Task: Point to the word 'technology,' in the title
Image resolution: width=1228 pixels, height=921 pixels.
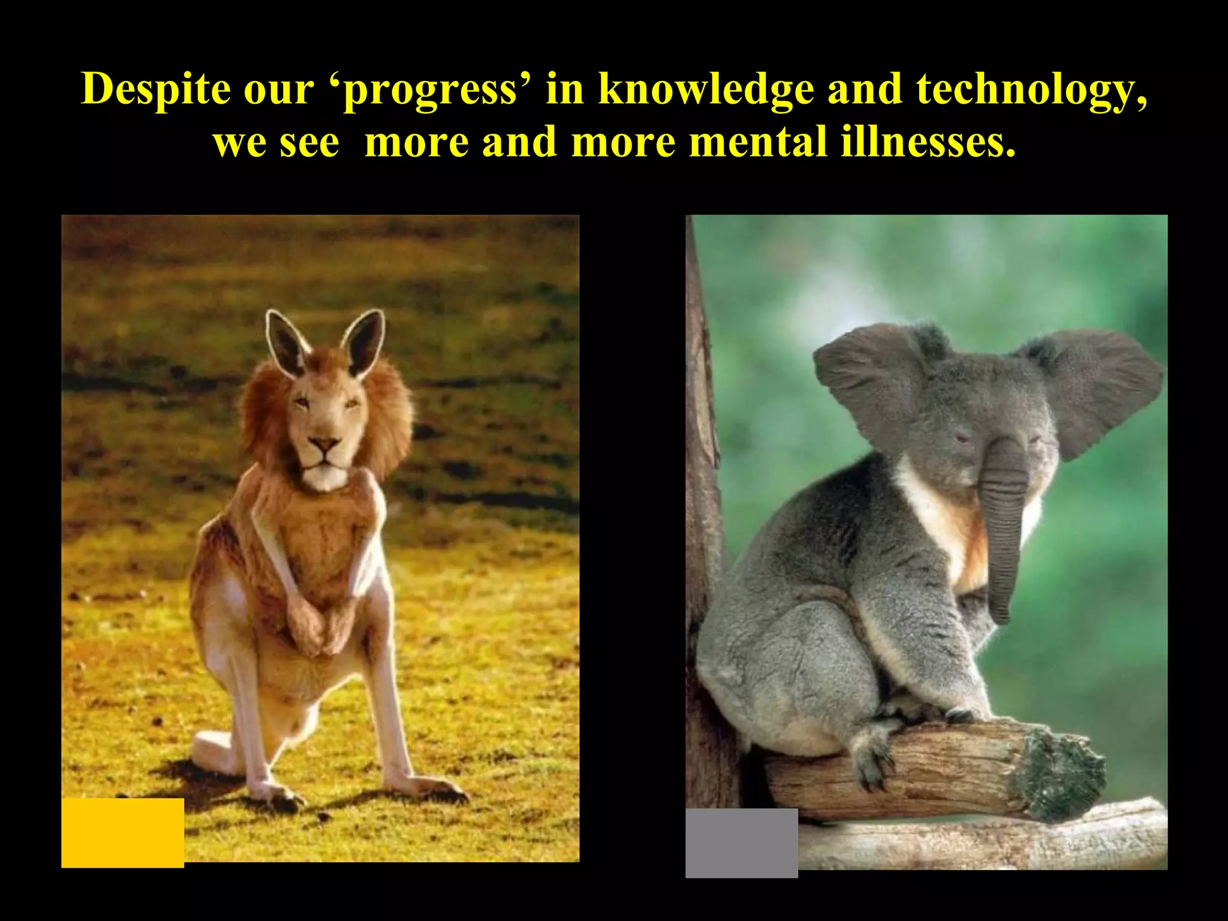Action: click(x=1031, y=91)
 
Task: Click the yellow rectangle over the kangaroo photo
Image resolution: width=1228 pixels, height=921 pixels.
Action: click(x=122, y=832)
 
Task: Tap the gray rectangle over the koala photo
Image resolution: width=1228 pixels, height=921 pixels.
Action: click(x=741, y=842)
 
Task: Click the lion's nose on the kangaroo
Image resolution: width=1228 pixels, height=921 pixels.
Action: click(x=324, y=445)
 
